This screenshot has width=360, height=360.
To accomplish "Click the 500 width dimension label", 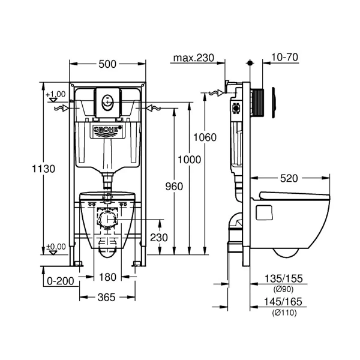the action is coord(107,64).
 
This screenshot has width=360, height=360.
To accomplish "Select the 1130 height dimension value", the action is coord(44,169).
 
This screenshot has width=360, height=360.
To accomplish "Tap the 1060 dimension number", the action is coord(205,137).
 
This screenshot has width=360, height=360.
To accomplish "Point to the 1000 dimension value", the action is coord(190,160).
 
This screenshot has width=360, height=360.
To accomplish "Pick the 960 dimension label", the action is coord(174,187).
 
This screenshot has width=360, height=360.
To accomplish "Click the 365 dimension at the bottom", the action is coord(107,298).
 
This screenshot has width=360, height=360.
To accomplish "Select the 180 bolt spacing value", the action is coord(107,277).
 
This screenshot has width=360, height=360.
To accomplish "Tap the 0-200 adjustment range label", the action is coord(61,281).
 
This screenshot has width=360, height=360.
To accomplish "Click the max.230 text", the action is coord(194,58).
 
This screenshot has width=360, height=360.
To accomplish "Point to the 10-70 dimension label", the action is coord(284,57).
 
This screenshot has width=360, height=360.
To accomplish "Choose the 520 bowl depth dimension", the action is coord(289,178).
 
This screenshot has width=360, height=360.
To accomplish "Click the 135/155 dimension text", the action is coord(284,279).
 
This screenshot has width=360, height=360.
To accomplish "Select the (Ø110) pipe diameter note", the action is coord(284,313).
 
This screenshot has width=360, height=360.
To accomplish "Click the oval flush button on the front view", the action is coord(107,103).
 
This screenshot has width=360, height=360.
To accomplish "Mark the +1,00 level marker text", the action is coord(56,94).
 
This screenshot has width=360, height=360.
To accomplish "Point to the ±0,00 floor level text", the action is coord(56,247).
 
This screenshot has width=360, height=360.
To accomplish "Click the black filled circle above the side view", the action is coord(250,63).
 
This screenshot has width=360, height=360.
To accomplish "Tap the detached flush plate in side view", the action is coord(274,103).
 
